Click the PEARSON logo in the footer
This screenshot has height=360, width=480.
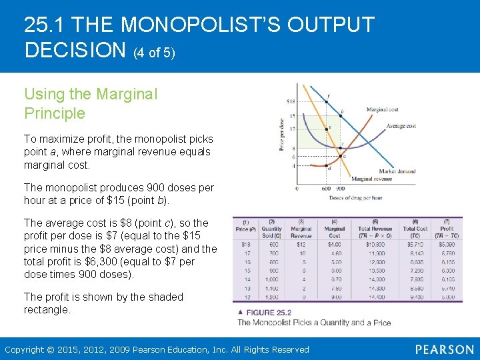click(444, 349)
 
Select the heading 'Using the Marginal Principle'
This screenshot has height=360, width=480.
click(91, 103)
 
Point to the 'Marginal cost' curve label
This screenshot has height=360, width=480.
click(383, 109)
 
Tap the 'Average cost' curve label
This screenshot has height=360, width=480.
click(401, 126)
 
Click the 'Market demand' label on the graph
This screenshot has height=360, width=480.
click(397, 171)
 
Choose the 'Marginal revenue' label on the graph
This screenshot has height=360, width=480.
click(371, 179)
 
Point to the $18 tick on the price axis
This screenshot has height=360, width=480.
click(291, 101)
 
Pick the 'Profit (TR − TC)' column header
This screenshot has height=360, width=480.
click(447, 229)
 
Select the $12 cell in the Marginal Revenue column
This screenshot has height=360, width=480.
click(301, 245)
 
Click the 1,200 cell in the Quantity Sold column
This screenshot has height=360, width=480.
click(272, 297)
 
